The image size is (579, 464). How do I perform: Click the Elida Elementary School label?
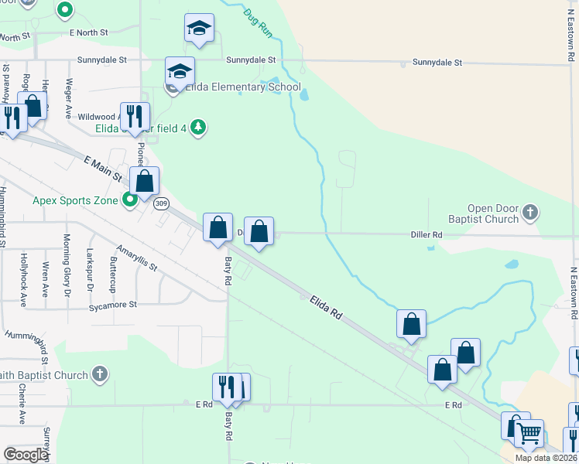pos(242,87)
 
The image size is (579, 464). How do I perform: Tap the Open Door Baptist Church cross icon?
pos(530,211)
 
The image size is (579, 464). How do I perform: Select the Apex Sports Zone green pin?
pos(130,200)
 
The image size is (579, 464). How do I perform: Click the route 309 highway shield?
pos(161,203)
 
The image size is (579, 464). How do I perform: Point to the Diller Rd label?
pos(427,234)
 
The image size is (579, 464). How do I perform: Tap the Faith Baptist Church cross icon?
pos(98,375)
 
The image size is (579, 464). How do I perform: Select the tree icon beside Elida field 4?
pos(199,127)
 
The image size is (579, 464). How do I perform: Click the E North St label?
pos(88,32)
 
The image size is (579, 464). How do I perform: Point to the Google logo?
pos(26,455)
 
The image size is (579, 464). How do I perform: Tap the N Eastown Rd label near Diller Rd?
pos(574,294)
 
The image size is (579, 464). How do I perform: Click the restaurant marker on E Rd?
pos(226,387)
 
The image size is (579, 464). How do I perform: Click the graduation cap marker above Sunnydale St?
pos(199,29)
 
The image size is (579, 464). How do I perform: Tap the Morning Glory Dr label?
pos(67,255)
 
